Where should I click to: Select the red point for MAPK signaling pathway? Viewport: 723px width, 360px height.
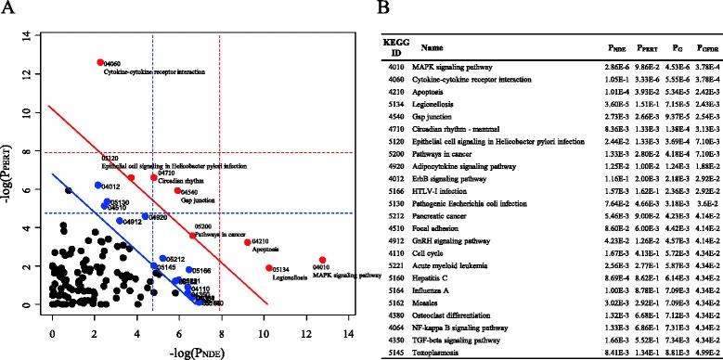[x=322, y=260]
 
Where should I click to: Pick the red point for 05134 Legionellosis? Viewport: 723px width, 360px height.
[x=269, y=268]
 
